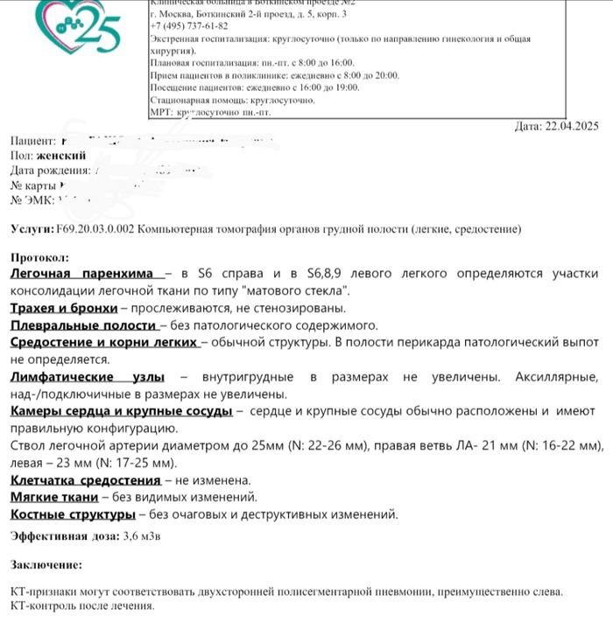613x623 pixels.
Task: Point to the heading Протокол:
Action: [x=39, y=259]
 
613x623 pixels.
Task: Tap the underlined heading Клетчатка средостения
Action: [x=85, y=479]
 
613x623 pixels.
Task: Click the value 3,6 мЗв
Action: [x=143, y=535]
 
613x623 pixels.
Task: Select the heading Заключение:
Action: [x=46, y=565]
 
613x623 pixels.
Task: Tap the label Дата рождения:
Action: [x=50, y=171]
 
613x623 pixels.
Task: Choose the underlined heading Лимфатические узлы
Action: [x=87, y=377]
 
